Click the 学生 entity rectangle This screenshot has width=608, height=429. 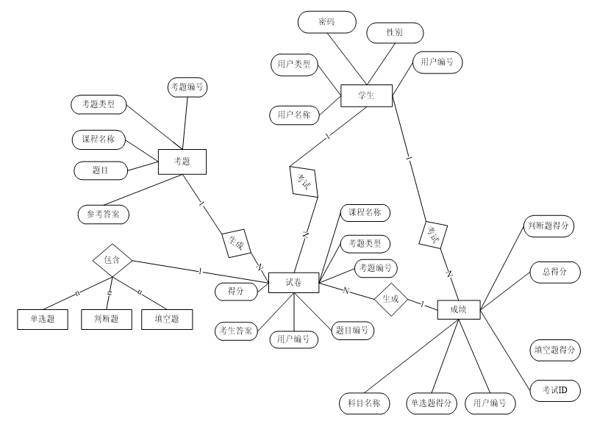click(x=366, y=96)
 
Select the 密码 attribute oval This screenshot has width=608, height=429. click(x=326, y=22)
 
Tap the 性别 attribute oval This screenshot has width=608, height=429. click(x=395, y=33)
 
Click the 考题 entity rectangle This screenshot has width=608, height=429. click(x=182, y=161)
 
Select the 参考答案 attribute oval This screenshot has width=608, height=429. click(x=103, y=214)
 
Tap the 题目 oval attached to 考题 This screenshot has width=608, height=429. click(x=101, y=170)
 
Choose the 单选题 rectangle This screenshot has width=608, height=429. click(x=41, y=319)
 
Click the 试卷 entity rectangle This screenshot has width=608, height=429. click(x=293, y=282)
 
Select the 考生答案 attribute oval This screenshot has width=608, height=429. click(x=237, y=331)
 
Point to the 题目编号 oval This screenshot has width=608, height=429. click(x=353, y=331)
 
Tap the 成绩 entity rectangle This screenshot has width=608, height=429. click(x=459, y=310)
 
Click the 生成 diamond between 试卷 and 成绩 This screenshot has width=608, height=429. click(x=390, y=299)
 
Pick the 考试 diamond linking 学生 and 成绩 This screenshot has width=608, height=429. click(x=434, y=234)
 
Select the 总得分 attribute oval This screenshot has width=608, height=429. click(x=556, y=272)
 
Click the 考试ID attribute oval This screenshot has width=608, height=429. click(x=555, y=389)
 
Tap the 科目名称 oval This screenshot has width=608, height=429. click(x=364, y=403)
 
